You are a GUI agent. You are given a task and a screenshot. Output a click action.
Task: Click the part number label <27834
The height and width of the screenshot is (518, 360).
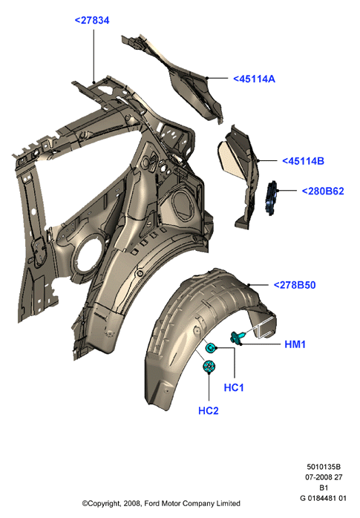[92, 21]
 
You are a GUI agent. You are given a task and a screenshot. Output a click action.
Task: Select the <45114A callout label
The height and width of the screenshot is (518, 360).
[254, 79]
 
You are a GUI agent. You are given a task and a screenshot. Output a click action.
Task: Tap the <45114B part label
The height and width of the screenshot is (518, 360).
[303, 161]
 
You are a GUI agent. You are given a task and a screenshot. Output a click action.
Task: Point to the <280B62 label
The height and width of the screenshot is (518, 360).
[323, 191]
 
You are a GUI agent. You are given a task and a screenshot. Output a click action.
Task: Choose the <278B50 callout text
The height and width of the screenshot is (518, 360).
[295, 285]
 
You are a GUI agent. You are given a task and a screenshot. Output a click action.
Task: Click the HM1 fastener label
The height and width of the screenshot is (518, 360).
[295, 344]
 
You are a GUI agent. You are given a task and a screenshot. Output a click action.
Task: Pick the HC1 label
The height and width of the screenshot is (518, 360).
[234, 387]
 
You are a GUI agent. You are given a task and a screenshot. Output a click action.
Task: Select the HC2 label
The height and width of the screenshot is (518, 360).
[209, 410]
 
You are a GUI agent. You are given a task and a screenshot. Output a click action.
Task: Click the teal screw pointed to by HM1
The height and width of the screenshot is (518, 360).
[238, 337]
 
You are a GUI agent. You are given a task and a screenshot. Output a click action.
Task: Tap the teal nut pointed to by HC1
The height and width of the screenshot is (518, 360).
[211, 348]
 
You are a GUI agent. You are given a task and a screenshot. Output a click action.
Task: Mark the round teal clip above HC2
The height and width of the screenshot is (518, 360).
[209, 367]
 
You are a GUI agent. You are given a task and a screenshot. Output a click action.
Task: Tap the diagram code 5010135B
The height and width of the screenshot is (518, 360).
[324, 467]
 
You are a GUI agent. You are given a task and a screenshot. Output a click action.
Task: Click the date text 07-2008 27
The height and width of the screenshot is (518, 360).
[324, 477]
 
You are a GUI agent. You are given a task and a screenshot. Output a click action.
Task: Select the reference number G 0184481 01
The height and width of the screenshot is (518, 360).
[323, 498]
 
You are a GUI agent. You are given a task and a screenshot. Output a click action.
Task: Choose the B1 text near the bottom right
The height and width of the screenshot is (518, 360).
[324, 488]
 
